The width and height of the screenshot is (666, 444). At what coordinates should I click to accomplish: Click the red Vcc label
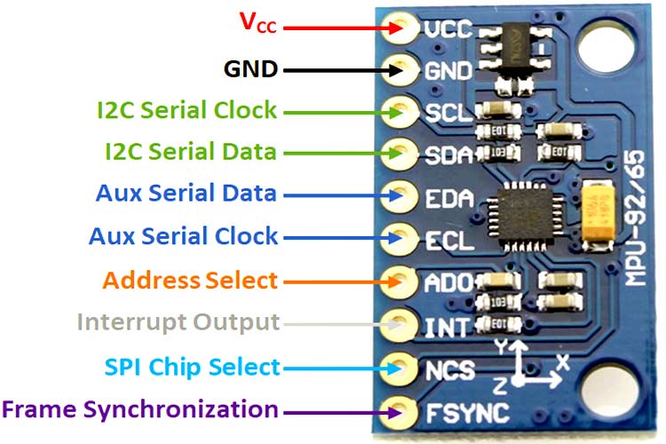(258, 24)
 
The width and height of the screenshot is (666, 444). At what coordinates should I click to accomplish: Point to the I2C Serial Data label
(187, 152)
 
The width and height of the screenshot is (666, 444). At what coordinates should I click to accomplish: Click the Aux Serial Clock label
(183, 236)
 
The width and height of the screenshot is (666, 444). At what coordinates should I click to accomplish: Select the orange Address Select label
(190, 281)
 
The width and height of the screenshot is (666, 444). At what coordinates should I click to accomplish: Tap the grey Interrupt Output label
(178, 321)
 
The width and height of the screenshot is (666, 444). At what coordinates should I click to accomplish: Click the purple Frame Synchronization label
(139, 409)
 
